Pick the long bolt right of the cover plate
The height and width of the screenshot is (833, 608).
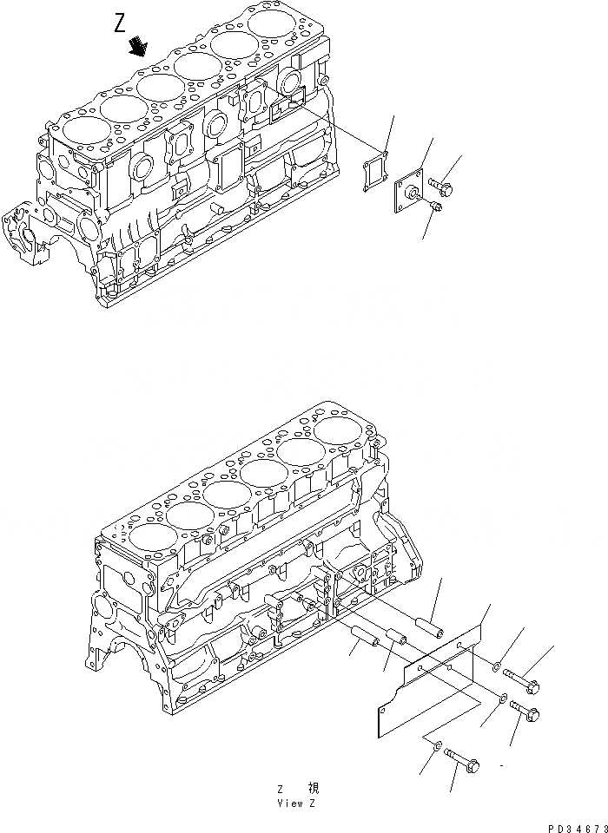(x=440, y=184)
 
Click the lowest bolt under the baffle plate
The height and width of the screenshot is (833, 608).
(x=466, y=761)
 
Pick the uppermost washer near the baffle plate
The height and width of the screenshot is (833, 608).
(x=495, y=667)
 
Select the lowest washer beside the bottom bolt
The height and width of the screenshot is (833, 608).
(x=438, y=745)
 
